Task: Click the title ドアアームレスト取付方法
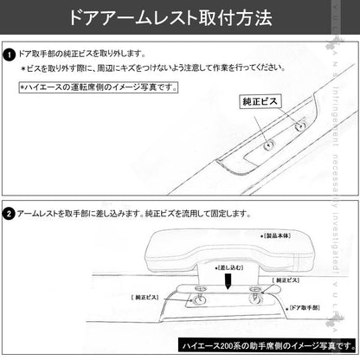point(179,16)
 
